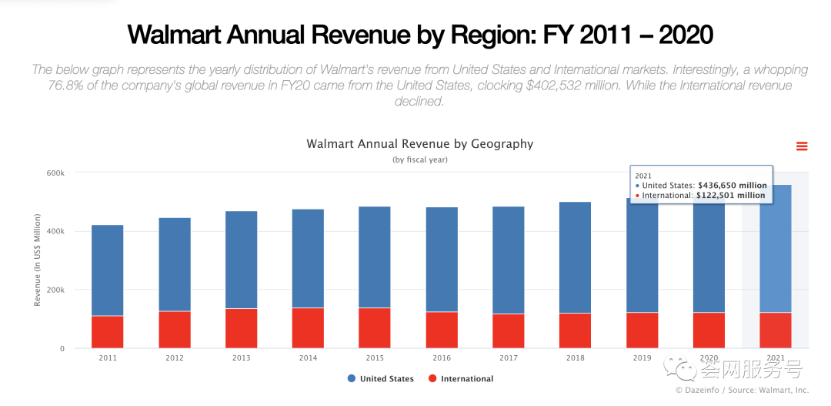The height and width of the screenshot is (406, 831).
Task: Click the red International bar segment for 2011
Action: tap(107, 331)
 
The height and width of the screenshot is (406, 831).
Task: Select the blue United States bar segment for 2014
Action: tap(308, 258)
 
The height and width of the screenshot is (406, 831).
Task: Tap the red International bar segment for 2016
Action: tap(442, 330)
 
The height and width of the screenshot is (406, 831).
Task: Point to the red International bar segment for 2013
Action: tap(241, 328)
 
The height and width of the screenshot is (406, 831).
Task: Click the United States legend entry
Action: tap(380, 378)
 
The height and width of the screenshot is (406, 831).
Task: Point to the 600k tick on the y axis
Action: tap(55, 173)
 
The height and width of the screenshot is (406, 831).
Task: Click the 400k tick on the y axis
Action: tap(55, 231)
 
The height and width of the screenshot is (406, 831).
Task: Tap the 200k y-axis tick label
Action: tap(55, 290)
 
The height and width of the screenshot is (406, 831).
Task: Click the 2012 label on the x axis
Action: tap(174, 358)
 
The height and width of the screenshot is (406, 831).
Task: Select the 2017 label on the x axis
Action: tap(508, 358)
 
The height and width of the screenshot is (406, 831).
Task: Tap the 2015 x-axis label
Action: tap(375, 358)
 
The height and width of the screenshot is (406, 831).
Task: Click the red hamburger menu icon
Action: tap(802, 146)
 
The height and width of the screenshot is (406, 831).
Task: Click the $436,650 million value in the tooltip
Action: tap(732, 186)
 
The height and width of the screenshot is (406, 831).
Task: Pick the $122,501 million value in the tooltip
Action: tap(730, 196)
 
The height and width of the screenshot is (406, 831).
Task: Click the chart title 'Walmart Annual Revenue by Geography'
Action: tap(419, 144)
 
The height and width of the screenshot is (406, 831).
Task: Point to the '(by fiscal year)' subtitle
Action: tap(419, 159)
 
